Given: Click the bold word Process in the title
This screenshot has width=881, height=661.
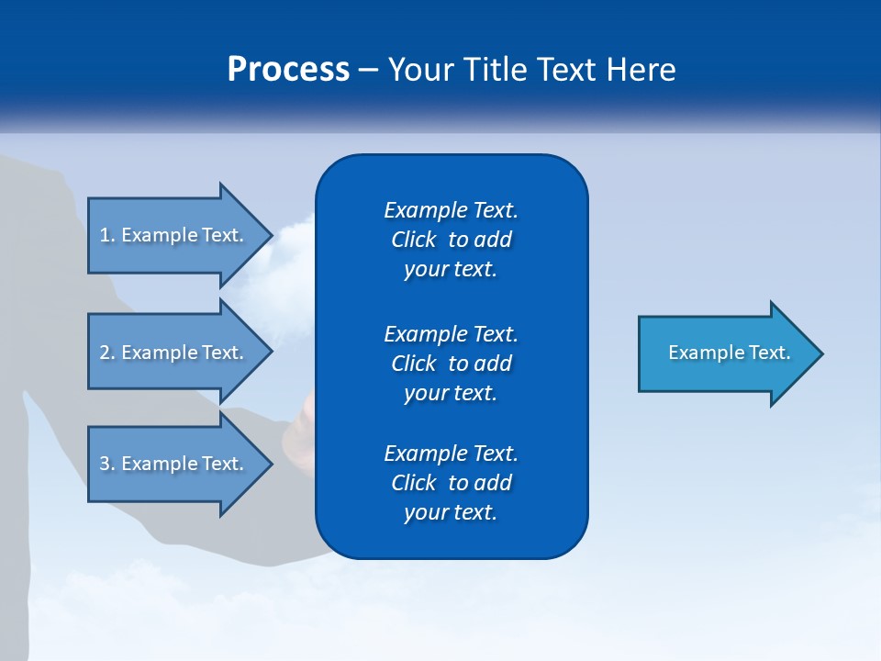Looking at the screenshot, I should point(288,70).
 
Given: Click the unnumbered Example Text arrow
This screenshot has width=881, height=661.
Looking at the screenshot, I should point(725,353).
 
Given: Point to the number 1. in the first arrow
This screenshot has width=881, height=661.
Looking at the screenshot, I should point(107,235).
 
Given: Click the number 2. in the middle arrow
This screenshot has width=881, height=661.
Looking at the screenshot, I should point(107,353).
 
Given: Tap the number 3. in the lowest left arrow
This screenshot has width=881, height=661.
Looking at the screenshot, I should point(107,464).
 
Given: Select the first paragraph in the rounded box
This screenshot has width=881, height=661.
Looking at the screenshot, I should point(451,240).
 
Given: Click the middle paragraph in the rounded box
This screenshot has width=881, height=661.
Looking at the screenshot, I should point(451,364).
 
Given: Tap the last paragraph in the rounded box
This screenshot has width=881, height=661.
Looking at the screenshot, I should point(451,483).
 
